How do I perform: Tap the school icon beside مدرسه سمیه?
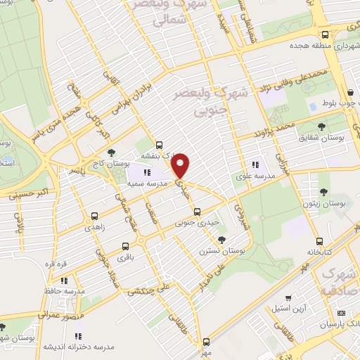click(x=148, y=172)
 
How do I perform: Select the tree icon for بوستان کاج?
click(x=111, y=153)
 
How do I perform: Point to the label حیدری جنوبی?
click(x=195, y=224)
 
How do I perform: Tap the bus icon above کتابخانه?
click(x=320, y=240)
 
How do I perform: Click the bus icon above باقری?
click(x=125, y=247)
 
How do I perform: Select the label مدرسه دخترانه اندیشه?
click(x=70, y=347)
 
